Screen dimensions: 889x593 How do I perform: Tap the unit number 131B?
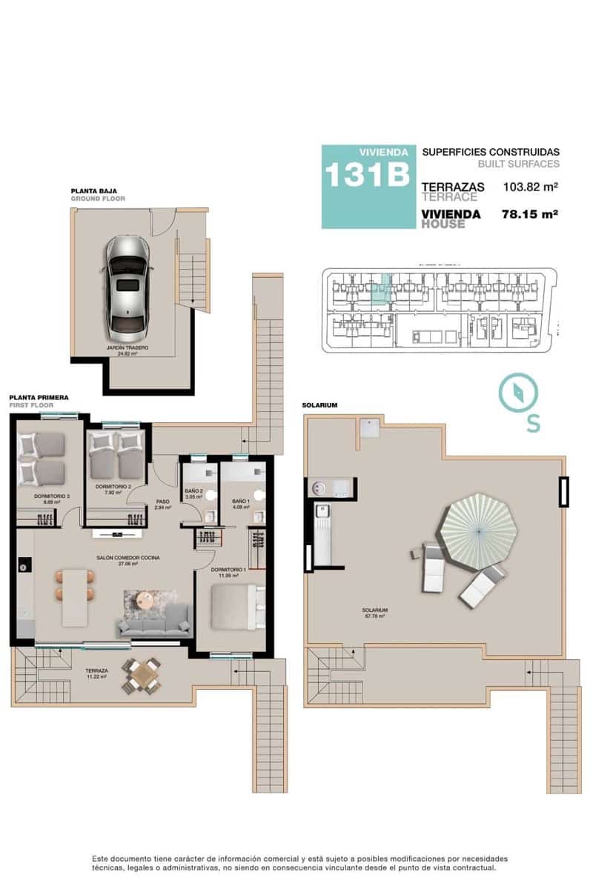(x=366, y=176)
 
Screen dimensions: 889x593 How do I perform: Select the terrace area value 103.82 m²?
(x=530, y=187)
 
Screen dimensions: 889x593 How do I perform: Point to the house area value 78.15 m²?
(x=530, y=214)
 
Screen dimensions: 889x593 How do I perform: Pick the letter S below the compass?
(x=532, y=423)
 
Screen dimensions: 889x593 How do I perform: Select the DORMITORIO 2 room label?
(x=113, y=486)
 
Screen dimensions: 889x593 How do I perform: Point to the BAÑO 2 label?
(x=194, y=491)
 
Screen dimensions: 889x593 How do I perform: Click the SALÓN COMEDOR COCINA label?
(x=127, y=557)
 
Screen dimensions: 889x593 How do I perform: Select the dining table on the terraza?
(x=142, y=675)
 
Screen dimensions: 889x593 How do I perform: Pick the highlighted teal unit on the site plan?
(x=380, y=291)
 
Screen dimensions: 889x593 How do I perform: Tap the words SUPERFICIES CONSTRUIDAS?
(x=491, y=152)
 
